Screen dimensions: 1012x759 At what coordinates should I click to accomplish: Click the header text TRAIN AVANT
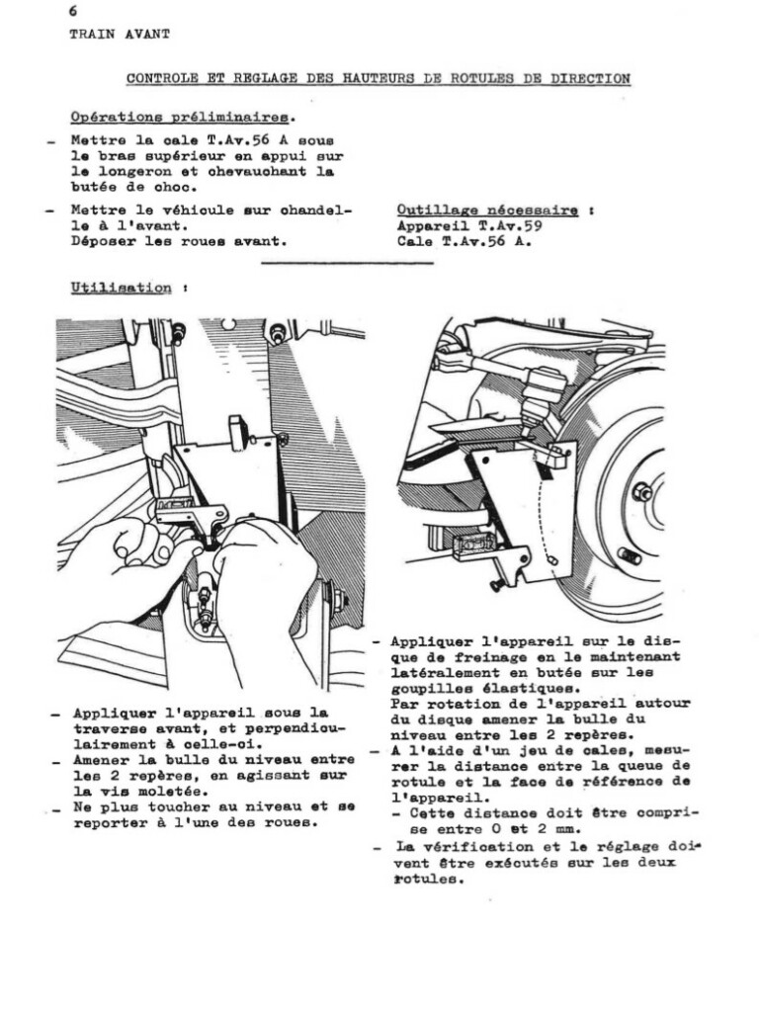[119, 34]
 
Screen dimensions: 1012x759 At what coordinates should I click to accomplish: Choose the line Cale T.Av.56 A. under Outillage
[464, 240]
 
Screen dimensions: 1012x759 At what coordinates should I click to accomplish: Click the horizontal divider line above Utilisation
[346, 264]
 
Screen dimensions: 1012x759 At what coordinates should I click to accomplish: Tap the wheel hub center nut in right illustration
[642, 491]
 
